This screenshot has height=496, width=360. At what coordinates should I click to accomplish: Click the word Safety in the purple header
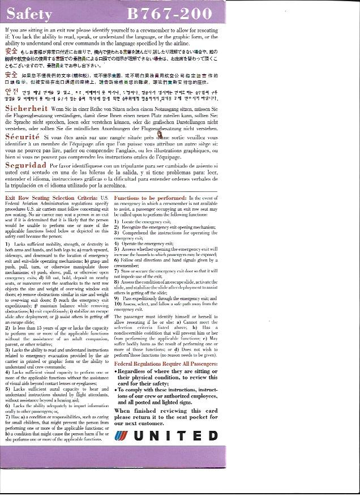[x=30, y=14]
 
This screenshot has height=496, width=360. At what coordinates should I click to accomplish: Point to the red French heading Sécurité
[x=23, y=137]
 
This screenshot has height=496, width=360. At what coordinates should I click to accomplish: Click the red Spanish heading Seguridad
[x=26, y=165]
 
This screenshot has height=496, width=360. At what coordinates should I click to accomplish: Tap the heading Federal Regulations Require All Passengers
[x=166, y=364]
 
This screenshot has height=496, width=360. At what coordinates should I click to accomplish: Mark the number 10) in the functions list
[x=118, y=303]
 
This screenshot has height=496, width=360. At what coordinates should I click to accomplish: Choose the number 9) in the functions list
[x=117, y=298]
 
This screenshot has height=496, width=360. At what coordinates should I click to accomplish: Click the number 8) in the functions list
[x=117, y=281]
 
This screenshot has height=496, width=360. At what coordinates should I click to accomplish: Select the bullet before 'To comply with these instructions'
[x=116, y=390]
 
